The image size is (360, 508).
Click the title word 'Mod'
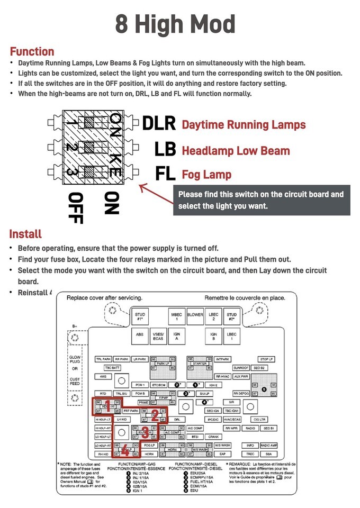click(x=206, y=24)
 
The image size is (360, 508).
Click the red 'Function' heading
click(x=32, y=51)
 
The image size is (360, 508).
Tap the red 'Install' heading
click(x=25, y=233)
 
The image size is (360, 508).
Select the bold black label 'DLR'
click(x=159, y=123)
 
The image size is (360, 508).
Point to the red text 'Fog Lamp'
click(x=206, y=174)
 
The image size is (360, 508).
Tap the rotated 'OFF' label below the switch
click(x=77, y=207)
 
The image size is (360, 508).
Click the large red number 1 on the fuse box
click(x=107, y=406)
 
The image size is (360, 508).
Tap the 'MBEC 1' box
click(x=177, y=316)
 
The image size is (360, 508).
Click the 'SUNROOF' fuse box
click(x=241, y=367)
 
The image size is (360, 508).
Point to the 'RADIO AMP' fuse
click(x=269, y=446)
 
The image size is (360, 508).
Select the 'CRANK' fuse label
click(x=214, y=437)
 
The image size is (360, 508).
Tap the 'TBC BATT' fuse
click(x=112, y=367)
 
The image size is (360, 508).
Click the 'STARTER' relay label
click(x=199, y=364)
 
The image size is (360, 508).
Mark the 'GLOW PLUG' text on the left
click(x=75, y=361)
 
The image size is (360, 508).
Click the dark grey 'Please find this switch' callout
click(x=261, y=199)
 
